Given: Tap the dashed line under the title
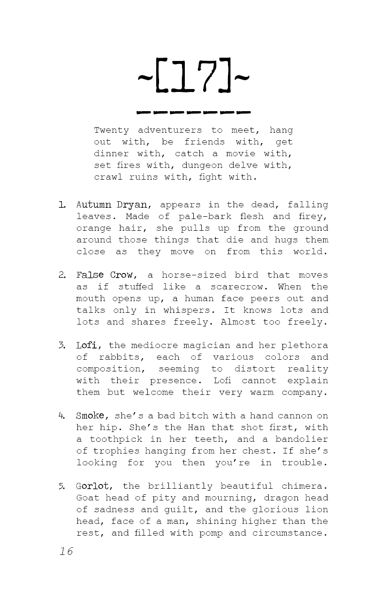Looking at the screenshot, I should (193, 113).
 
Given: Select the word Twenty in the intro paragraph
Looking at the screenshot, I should (111, 130).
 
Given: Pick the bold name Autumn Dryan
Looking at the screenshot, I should (112, 204).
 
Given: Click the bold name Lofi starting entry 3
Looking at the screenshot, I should (87, 345).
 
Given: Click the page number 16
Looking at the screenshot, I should (66, 551).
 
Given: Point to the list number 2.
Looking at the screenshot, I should (62, 275).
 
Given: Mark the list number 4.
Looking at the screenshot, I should (62, 416).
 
